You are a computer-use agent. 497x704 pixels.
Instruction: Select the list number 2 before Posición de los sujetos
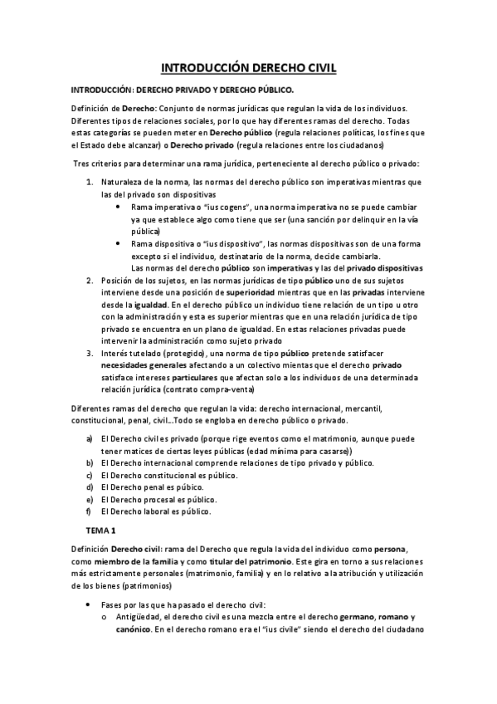coord(90,281)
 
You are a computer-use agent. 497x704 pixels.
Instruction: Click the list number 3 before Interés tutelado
coord(90,352)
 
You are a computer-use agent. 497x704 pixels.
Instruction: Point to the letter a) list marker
coord(89,438)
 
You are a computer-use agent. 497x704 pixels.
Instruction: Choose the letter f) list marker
coord(88,511)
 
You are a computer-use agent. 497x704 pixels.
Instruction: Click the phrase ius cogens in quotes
coord(174,205)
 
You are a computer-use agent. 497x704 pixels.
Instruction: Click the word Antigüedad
coord(138,617)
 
